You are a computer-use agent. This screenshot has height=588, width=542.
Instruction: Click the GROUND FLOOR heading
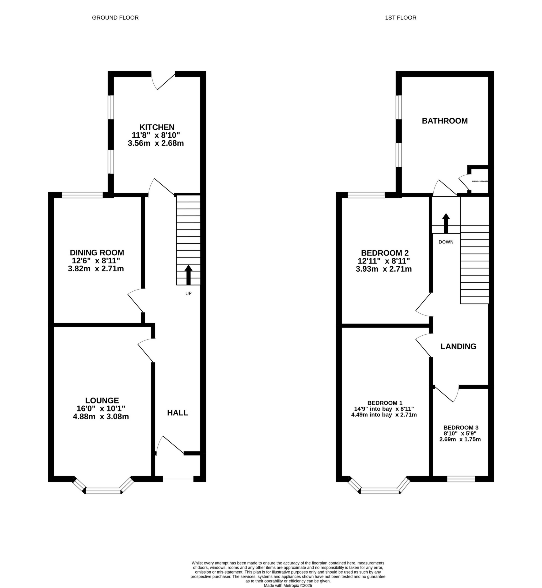[115, 18]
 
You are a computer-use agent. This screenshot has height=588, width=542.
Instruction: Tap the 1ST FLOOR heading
[401, 18]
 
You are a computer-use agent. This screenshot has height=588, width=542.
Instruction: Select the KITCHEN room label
[157, 127]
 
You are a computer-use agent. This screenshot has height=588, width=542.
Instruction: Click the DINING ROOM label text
[97, 252]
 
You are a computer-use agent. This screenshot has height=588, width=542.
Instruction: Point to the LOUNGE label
[102, 400]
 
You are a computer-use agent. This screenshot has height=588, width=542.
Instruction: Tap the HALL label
[177, 413]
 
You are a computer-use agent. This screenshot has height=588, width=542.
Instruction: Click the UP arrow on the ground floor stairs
[188, 275]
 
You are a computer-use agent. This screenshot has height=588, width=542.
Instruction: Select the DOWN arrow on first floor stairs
[446, 223]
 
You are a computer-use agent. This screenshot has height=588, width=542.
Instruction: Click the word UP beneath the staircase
[188, 293]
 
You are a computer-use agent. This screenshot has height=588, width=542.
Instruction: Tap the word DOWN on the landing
[446, 242]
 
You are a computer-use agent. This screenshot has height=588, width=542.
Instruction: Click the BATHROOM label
[445, 121]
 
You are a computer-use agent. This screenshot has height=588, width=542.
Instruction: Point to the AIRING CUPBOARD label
[480, 181]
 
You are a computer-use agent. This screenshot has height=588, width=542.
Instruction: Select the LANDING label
[458, 346]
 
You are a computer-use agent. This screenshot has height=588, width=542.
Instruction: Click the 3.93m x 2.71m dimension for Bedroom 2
[384, 269]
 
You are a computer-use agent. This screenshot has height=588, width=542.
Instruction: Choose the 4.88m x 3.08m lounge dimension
[101, 417]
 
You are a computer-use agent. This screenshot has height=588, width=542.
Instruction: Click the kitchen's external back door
[164, 81]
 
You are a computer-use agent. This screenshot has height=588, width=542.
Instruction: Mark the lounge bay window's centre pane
[103, 491]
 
